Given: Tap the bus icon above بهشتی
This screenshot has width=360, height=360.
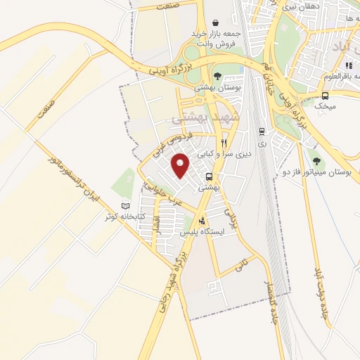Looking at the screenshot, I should coord(209,176).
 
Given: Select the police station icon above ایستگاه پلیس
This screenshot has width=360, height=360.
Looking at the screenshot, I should coord(202,221).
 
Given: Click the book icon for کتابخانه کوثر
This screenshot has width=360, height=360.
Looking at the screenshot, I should coord(126,206).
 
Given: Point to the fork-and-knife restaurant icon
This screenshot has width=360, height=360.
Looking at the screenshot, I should coord(224,143).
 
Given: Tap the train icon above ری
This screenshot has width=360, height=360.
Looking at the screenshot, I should coord(262,131).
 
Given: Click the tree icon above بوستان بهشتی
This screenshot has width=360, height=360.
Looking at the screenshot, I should coord(217,76).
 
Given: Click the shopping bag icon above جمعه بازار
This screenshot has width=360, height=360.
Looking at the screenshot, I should coord(215,22).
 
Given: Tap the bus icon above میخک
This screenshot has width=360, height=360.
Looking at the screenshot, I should coord(325,96).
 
